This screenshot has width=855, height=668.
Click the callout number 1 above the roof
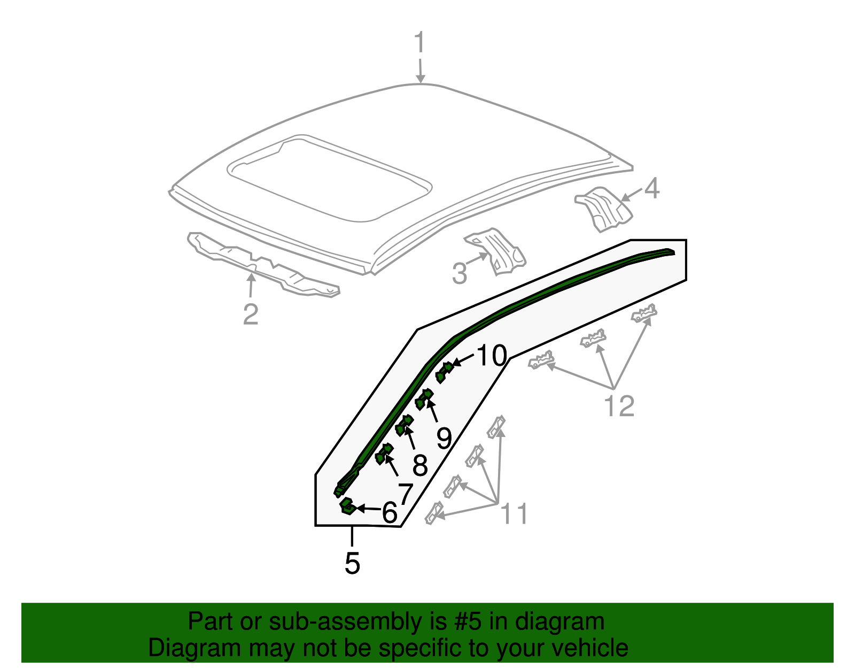[420, 43]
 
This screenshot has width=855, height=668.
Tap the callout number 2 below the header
[251, 314]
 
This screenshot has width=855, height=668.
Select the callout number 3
[460, 273]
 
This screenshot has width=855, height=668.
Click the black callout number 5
[352, 563]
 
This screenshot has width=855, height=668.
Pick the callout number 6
[390, 513]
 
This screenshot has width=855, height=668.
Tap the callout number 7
[405, 494]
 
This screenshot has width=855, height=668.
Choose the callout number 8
[420, 465]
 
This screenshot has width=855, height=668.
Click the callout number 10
[491, 356]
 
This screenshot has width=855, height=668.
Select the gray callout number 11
[514, 514]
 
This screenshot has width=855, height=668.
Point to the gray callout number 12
[619, 406]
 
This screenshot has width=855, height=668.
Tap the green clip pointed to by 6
[347, 505]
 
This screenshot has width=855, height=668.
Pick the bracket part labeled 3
[498, 251]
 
